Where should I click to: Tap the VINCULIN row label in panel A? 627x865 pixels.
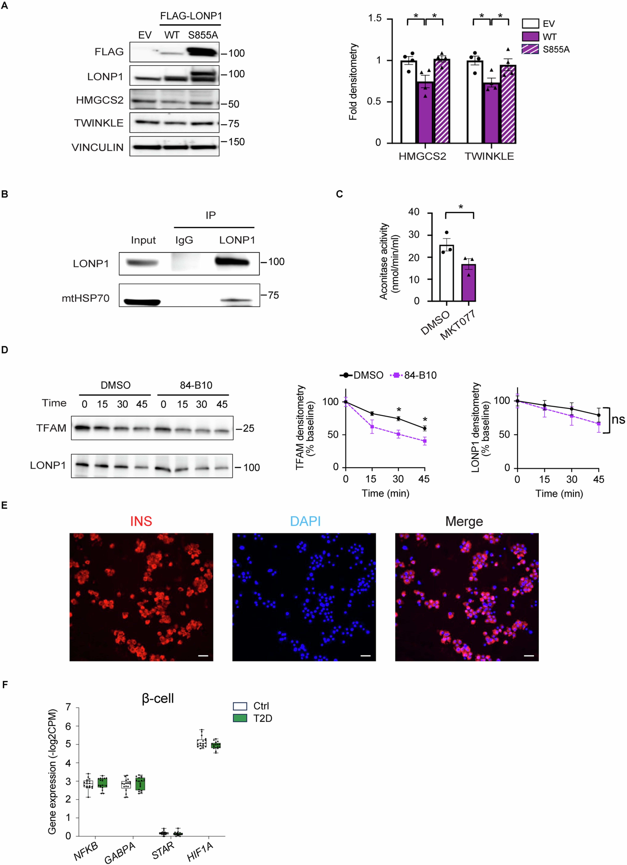98,148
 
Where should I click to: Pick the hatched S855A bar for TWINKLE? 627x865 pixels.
508,105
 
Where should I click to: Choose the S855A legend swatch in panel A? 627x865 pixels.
530,49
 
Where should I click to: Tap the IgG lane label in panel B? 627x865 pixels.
184,240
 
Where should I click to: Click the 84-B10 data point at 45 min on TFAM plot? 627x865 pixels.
425,441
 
